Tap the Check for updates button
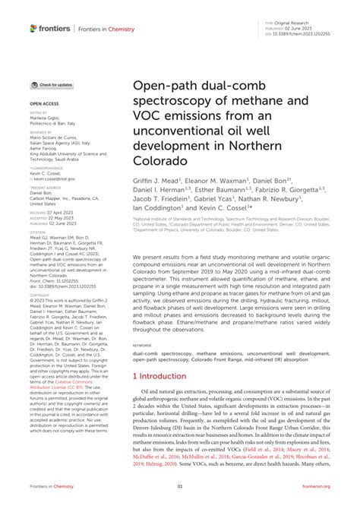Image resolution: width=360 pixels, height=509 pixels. tap(52, 85)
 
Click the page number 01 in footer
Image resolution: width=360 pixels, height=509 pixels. tap(180, 486)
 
